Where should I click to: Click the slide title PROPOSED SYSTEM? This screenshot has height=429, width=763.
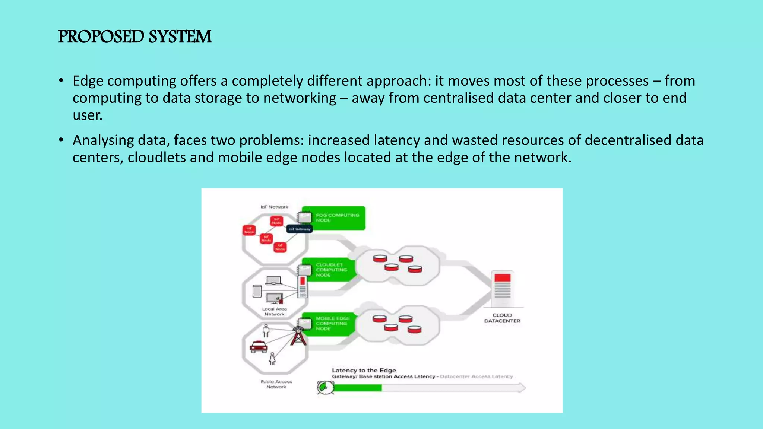pyautogui.click(x=135, y=37)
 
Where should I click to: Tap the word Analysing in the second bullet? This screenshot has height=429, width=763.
pyautogui.click(x=103, y=140)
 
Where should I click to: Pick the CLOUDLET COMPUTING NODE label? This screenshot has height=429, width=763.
pyautogui.click(x=331, y=270)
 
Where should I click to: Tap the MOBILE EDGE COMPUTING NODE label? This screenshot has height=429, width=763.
pyautogui.click(x=333, y=324)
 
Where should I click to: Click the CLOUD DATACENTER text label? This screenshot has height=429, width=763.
pyautogui.click(x=502, y=318)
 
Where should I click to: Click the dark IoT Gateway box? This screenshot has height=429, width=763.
pyautogui.click(x=300, y=229)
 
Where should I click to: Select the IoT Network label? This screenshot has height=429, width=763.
pyautogui.click(x=274, y=207)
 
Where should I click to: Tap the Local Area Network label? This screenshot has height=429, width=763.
pyautogui.click(x=274, y=312)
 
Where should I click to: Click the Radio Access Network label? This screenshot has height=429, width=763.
pyautogui.click(x=276, y=384)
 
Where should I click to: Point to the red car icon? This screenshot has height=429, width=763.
pyautogui.click(x=259, y=347)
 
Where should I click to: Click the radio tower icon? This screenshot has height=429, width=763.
pyautogui.click(x=298, y=336)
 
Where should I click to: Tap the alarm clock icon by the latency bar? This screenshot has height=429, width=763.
pyautogui.click(x=324, y=387)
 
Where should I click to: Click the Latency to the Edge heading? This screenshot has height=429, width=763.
pyautogui.click(x=364, y=370)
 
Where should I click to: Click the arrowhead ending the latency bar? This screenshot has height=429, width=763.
pyautogui.click(x=522, y=388)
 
